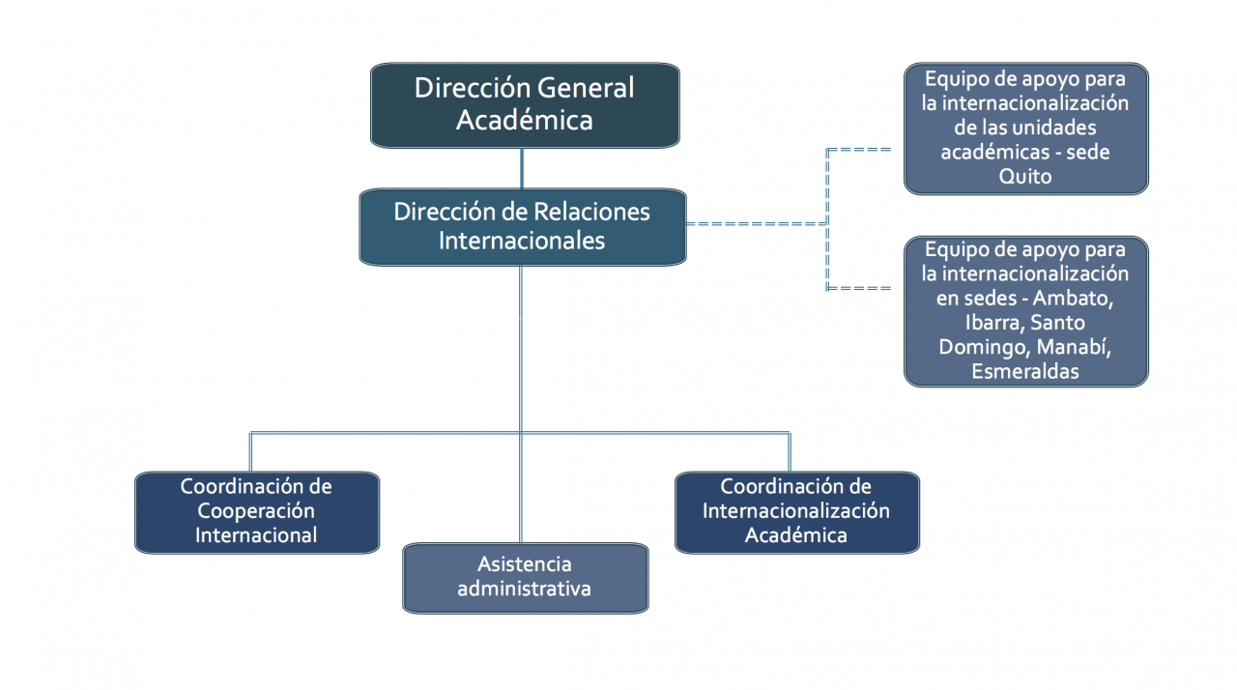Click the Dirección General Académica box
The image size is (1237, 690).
point(525,105)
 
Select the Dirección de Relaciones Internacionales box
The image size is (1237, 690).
point(522,226)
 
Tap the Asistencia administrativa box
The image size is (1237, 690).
point(525,577)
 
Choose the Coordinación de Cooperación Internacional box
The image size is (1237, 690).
point(256,511)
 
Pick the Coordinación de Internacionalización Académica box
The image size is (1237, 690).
point(796,511)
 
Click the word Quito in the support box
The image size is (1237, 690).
point(1025,177)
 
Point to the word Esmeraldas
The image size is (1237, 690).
point(1025,371)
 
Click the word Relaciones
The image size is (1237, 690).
point(590,212)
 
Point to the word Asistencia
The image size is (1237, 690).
point(525,563)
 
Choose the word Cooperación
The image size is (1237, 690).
point(256,510)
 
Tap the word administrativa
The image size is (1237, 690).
point(525,589)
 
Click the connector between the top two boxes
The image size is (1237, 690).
point(522,168)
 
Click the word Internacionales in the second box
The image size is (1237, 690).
point(522,240)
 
